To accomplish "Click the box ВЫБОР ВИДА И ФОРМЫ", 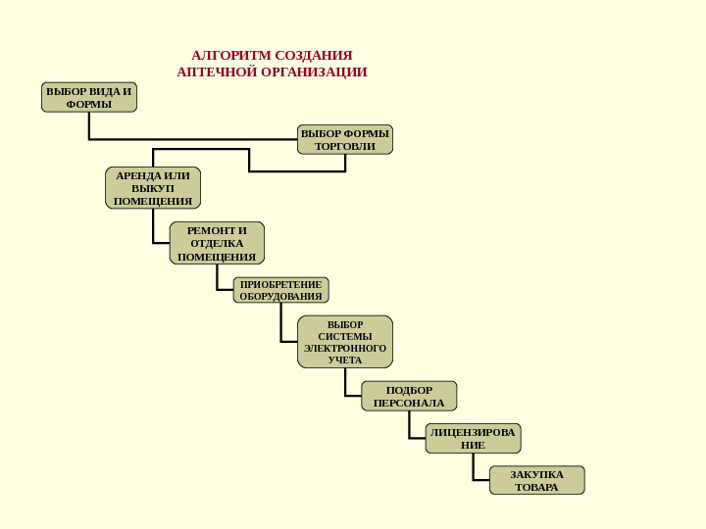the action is (x=89, y=97).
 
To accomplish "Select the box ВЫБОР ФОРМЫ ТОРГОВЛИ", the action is (x=344, y=139).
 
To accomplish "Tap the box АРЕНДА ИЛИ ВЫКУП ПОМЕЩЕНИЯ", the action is (x=152, y=188).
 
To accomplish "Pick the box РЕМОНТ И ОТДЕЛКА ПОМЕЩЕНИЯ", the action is (x=217, y=243).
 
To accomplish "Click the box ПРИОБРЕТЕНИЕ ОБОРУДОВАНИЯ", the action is (x=280, y=290).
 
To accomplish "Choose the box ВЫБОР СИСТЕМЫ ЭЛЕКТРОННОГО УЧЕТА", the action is (x=344, y=342).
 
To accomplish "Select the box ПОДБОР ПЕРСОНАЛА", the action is (x=409, y=396).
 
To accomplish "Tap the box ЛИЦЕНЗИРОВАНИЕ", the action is (x=473, y=438).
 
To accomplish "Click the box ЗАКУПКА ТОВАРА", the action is (x=536, y=480).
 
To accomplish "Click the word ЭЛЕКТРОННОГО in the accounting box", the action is (x=345, y=348).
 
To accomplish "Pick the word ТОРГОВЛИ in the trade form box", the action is (x=344, y=147).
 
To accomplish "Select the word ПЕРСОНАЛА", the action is (x=409, y=403).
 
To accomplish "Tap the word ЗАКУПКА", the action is (x=536, y=474).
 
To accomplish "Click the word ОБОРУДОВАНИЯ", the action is (x=280, y=296).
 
